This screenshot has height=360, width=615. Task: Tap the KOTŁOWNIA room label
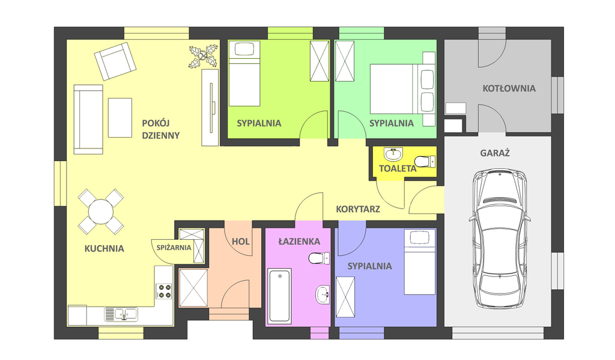(x=509, y=88)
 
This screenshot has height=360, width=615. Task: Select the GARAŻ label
(x=495, y=153)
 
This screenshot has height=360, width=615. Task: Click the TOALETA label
(x=398, y=169)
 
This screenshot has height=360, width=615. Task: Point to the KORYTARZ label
(x=358, y=209)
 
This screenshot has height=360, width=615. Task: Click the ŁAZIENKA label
(x=299, y=242)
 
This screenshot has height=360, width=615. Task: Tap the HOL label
(x=240, y=242)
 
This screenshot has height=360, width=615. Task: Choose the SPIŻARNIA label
(x=174, y=248)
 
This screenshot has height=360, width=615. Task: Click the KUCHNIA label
(x=104, y=248)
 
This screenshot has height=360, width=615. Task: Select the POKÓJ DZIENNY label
(x=161, y=129)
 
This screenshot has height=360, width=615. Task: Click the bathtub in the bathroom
(x=279, y=296)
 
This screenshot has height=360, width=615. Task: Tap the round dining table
(x=101, y=212)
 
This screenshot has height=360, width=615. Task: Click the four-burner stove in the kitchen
(x=164, y=291)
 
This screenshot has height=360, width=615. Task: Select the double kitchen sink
(x=121, y=314)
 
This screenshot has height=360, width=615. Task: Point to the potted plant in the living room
(x=203, y=56)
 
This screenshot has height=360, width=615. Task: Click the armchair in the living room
(x=115, y=61)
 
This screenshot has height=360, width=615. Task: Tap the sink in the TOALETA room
(x=393, y=154)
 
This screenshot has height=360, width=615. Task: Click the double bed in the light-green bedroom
(x=402, y=89)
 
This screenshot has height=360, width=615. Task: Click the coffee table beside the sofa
(x=120, y=118)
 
